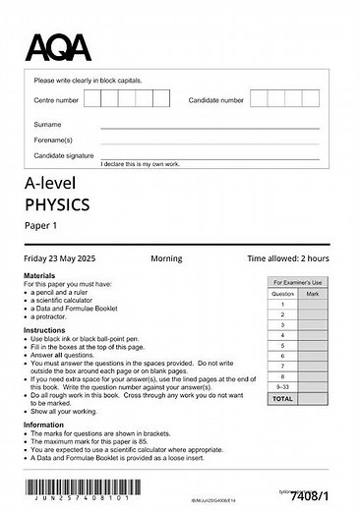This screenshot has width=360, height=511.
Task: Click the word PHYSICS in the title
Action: point(57,204)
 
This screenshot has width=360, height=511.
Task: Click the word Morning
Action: point(166,258)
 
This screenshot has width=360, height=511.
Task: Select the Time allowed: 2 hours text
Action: point(288,258)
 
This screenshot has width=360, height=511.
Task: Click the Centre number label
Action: point(56,100)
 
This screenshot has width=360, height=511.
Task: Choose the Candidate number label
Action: point(216,100)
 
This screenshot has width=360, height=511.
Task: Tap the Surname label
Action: point(47,125)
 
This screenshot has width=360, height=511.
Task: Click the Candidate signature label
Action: point(64,155)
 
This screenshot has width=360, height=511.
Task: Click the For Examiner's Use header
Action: point(298,281)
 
